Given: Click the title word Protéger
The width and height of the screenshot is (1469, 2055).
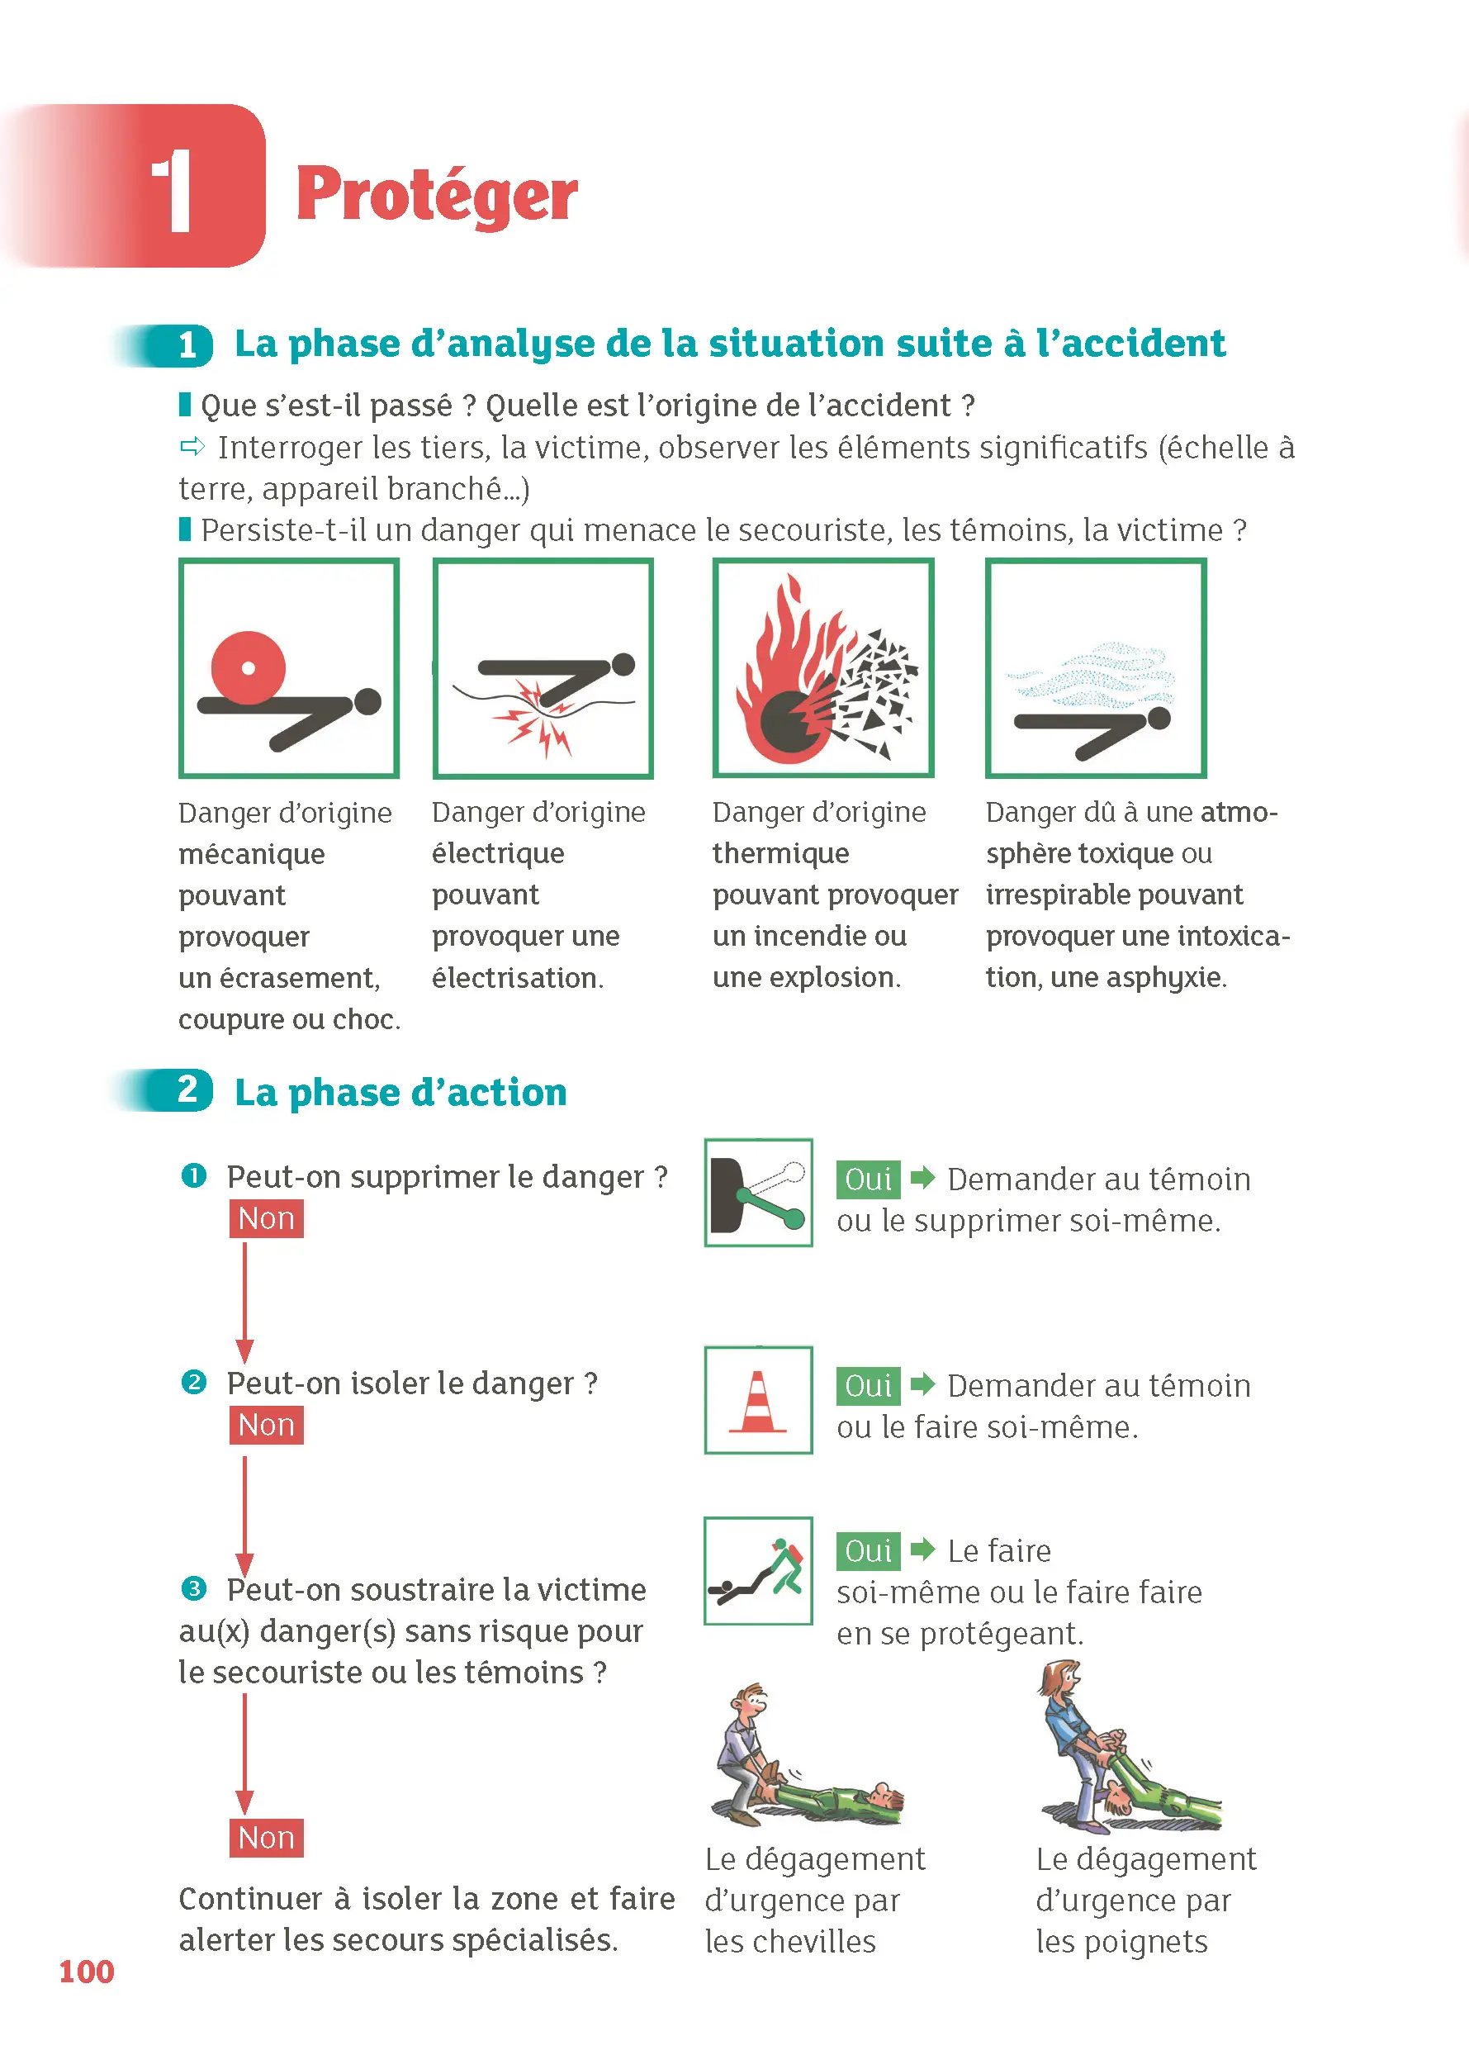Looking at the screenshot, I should (x=436, y=196).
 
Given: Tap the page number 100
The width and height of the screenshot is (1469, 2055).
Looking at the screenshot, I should (x=86, y=1971).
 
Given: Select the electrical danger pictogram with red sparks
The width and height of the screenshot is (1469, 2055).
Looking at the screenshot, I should (x=543, y=669).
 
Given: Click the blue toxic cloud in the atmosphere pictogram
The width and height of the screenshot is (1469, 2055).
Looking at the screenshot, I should (x=1094, y=675).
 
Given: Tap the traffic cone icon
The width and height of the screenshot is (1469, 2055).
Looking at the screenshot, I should (x=758, y=1400).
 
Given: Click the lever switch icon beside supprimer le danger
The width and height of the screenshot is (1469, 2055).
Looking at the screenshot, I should (x=758, y=1193).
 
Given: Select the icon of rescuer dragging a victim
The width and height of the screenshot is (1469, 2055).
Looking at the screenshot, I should (x=758, y=1571).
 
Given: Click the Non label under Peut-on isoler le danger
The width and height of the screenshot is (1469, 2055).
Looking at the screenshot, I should (x=266, y=1425).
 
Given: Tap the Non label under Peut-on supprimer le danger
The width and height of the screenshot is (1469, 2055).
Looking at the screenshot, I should (x=266, y=1219).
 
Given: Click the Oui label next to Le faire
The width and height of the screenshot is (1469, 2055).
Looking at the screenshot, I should (x=868, y=1551).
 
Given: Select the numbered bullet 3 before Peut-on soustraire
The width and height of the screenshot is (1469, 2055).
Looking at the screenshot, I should (x=193, y=1588).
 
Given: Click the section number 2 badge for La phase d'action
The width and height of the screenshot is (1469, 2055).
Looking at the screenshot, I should (x=187, y=1089).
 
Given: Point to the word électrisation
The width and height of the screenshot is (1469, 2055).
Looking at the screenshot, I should (x=516, y=977).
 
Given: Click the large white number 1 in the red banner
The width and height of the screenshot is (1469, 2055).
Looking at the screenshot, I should (x=172, y=190).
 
